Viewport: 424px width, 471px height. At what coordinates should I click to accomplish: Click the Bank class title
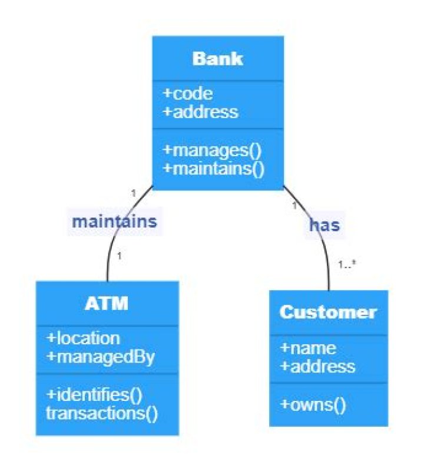pyautogui.click(x=217, y=59)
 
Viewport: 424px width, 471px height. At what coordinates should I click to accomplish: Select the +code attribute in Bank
pyautogui.click(x=188, y=94)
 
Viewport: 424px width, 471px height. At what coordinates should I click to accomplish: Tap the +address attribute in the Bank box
pyautogui.click(x=201, y=111)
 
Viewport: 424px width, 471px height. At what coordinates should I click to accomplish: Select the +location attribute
pyautogui.click(x=83, y=338)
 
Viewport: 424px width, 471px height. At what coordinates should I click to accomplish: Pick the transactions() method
pyautogui.click(x=102, y=413)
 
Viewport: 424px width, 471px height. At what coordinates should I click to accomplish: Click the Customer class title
pyautogui.click(x=328, y=312)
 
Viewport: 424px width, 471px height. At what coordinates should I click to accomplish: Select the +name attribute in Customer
pyautogui.click(x=307, y=348)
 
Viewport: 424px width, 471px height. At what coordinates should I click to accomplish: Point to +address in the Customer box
pyautogui.click(x=317, y=366)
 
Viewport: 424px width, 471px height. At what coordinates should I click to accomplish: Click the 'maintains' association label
pyautogui.click(x=114, y=222)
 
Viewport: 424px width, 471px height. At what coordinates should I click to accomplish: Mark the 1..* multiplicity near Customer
pyautogui.click(x=347, y=264)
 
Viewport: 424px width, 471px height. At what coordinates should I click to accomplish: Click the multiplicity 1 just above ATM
pyautogui.click(x=119, y=256)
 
